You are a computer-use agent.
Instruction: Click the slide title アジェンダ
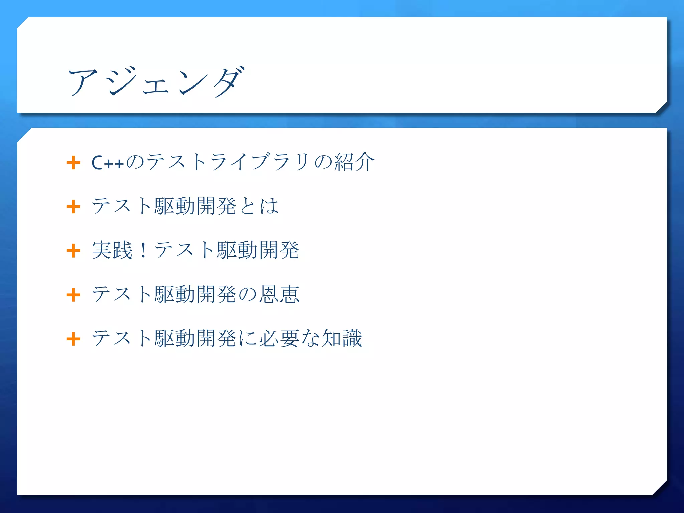(x=156, y=81)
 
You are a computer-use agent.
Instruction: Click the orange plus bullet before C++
(x=73, y=163)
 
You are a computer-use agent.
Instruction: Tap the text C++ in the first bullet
(x=108, y=163)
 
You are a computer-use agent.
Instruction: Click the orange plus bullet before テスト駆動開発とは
(x=73, y=207)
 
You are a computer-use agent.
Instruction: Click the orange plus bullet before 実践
(x=73, y=251)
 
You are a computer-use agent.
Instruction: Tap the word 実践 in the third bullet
(x=112, y=250)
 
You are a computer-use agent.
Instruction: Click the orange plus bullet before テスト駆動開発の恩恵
(x=73, y=295)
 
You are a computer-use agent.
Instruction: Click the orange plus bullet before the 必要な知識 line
(x=73, y=339)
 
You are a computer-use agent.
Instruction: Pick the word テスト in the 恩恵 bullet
(x=122, y=294)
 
